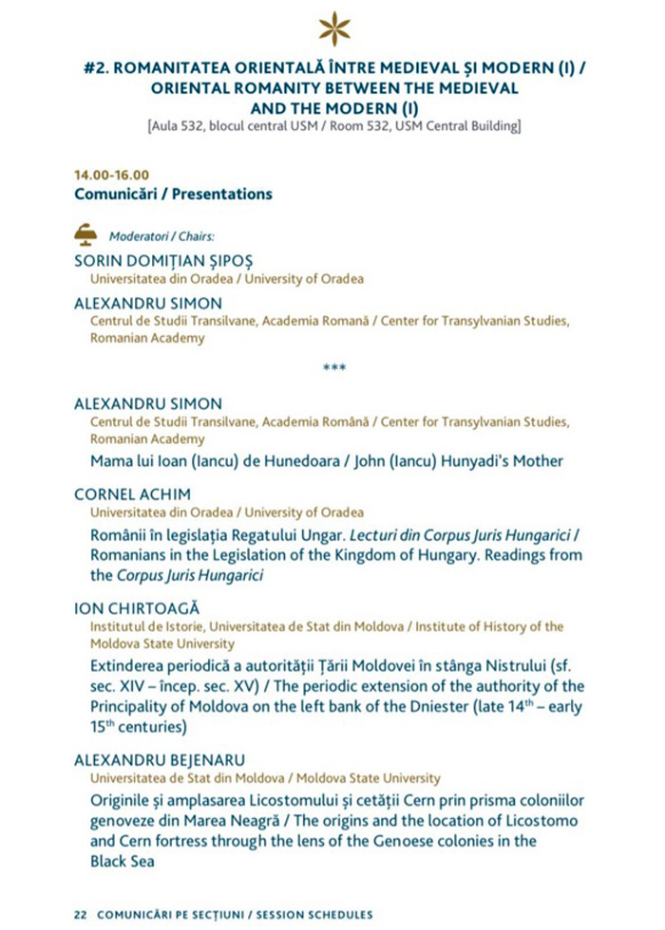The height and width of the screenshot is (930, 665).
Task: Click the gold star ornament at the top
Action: click(333, 28)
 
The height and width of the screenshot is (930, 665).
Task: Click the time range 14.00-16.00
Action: click(111, 175)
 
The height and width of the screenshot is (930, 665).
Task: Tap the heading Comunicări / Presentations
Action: click(173, 194)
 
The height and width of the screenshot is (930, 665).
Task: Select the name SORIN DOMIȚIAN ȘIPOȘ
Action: click(164, 261)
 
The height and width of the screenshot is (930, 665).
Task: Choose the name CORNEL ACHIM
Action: click(132, 493)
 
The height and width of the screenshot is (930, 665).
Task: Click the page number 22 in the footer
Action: click(81, 914)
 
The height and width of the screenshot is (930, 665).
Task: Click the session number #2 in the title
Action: click(95, 68)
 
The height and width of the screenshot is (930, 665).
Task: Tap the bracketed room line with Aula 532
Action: click(333, 124)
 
